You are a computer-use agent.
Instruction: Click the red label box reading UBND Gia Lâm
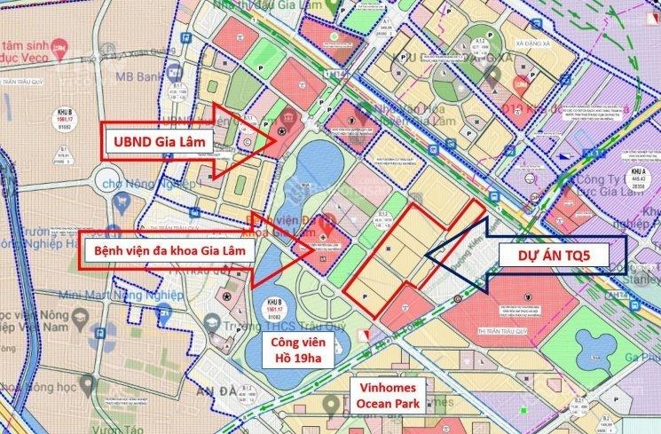pyautogui.click(x=157, y=140)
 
